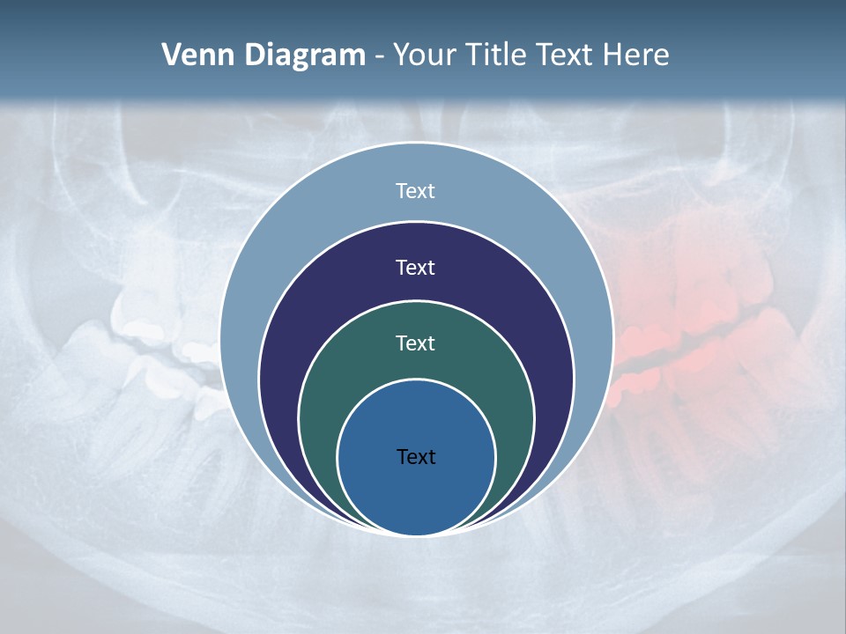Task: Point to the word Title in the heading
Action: pos(501,55)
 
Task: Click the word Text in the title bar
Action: pos(567,55)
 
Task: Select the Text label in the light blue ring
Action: pos(416,191)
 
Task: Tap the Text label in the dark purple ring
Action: pos(416,267)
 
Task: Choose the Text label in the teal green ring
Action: pos(416,343)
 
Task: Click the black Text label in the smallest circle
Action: pos(416,456)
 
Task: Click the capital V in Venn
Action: pos(171,55)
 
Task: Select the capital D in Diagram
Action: pos(254,55)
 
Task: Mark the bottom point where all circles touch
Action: pos(416,534)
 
